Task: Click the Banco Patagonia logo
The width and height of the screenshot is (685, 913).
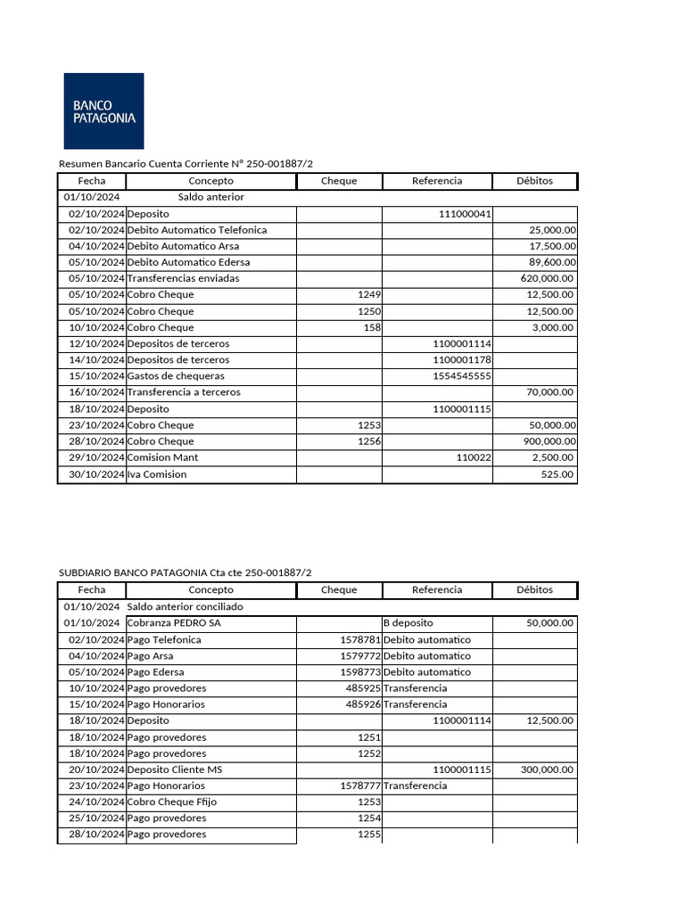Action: click(103, 111)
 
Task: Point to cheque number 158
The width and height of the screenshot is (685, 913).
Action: click(370, 327)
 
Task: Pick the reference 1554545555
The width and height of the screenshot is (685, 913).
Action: click(462, 376)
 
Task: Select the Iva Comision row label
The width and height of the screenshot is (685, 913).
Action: click(157, 474)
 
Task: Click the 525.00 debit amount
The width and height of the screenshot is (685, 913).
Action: click(557, 474)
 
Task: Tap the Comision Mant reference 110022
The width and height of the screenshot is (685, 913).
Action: click(474, 457)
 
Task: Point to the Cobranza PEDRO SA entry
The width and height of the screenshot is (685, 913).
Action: click(174, 623)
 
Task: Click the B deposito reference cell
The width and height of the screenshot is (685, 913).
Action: click(408, 623)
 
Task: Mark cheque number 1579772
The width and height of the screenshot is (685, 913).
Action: click(360, 656)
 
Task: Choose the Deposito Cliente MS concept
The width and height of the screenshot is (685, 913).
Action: click(175, 769)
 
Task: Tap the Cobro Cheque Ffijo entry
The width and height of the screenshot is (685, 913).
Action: click(172, 802)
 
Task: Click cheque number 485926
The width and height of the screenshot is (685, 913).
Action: click(363, 704)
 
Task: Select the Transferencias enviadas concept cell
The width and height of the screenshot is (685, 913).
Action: click(183, 278)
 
